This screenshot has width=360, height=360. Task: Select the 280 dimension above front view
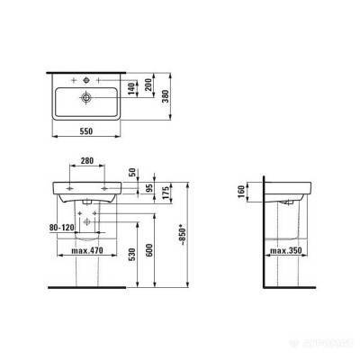87,161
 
